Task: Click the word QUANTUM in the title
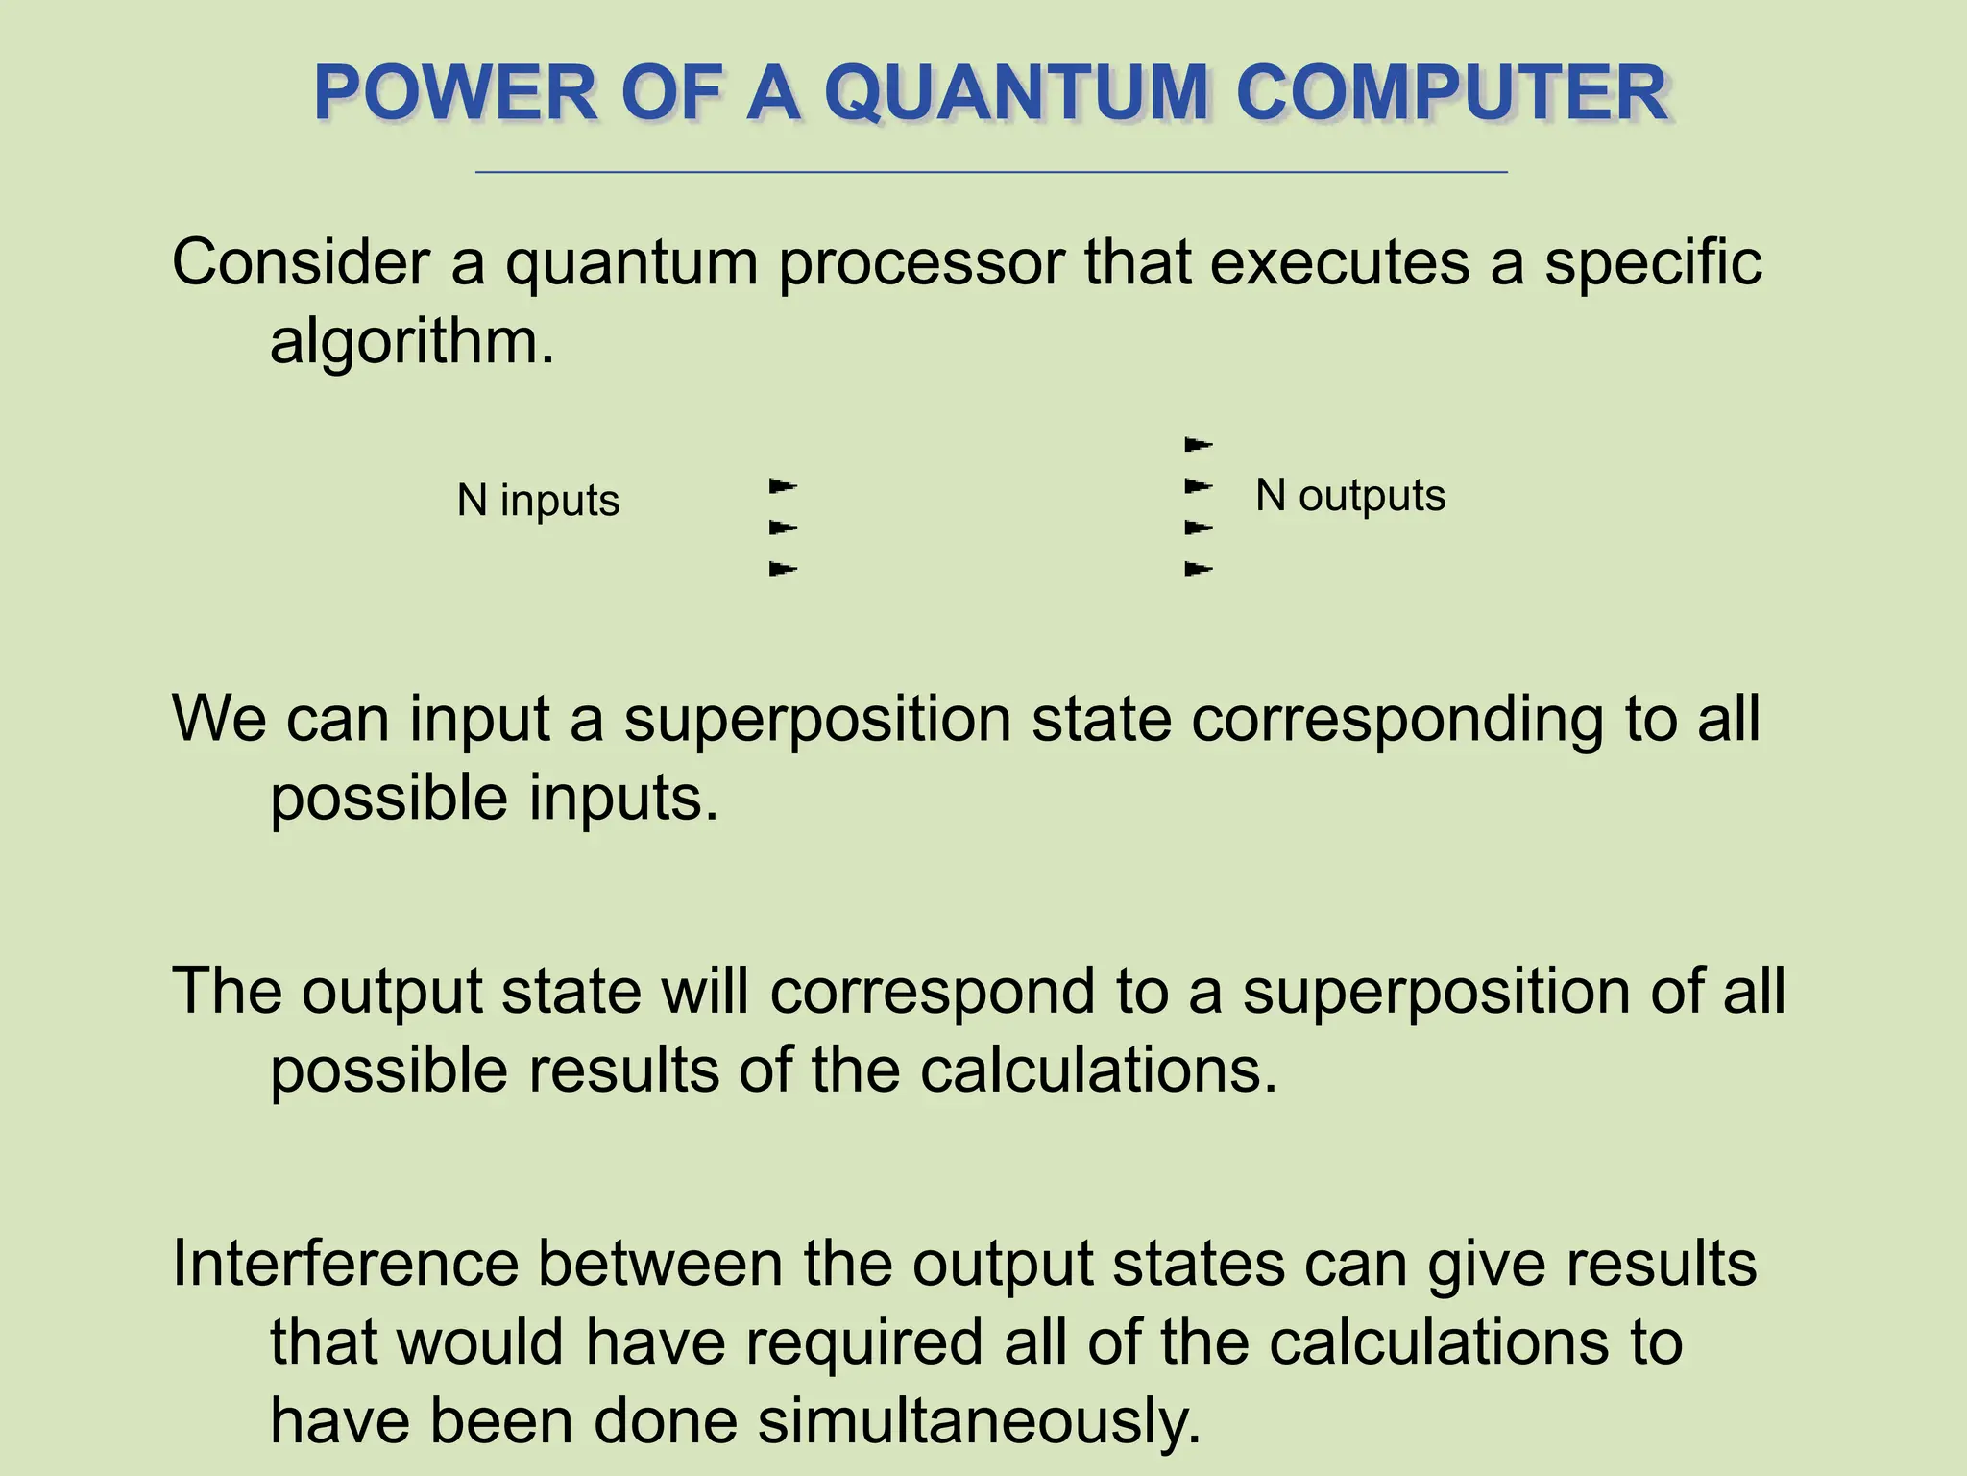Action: (x=1015, y=93)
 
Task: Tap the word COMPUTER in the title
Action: (x=1452, y=93)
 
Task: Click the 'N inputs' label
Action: (x=538, y=501)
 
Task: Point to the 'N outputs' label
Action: (x=1349, y=496)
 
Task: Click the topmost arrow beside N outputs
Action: (x=1198, y=445)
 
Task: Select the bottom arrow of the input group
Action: (x=783, y=570)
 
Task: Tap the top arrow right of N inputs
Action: (x=783, y=486)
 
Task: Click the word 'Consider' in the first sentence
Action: (x=301, y=262)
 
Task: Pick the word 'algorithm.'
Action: (x=412, y=341)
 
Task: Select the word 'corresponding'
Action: (x=1397, y=721)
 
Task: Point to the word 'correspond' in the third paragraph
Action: (x=932, y=992)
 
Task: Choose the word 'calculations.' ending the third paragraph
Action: (x=1099, y=1070)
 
